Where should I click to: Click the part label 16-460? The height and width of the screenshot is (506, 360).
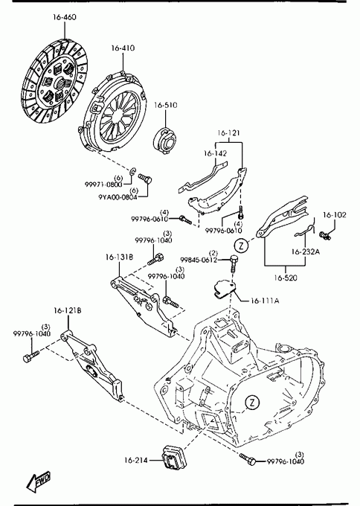(x=65, y=17)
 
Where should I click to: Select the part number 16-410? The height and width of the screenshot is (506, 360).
(x=123, y=48)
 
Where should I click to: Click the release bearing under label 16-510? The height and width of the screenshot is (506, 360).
(x=164, y=140)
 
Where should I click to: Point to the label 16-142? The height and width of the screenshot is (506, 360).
(x=215, y=153)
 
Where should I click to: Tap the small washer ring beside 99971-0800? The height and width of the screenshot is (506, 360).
(x=133, y=172)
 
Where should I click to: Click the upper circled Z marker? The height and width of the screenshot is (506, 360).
(x=241, y=246)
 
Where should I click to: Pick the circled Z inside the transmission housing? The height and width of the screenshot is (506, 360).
(x=252, y=402)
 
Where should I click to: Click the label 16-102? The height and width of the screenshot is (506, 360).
(x=335, y=215)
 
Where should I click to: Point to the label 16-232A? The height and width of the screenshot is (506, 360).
(x=306, y=252)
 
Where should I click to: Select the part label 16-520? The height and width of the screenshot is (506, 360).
(x=286, y=278)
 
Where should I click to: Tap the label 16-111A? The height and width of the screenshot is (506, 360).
(x=265, y=301)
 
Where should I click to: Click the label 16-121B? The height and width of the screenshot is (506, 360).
(x=68, y=310)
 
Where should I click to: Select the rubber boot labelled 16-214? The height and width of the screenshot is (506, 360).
(x=172, y=458)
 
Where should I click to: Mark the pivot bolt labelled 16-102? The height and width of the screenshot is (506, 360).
(x=325, y=235)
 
